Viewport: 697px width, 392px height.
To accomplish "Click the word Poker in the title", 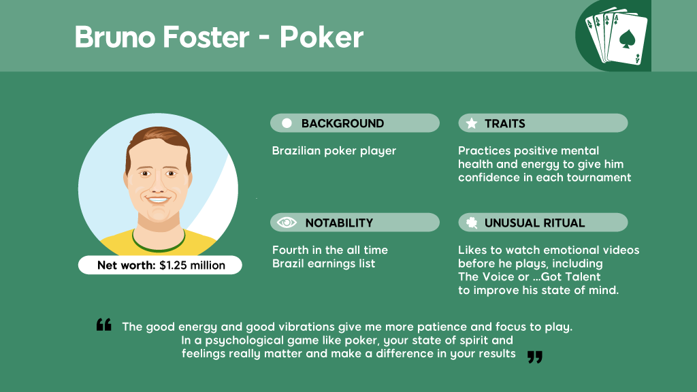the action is [x=321, y=37].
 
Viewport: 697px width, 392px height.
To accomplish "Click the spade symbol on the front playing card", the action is [x=627, y=39].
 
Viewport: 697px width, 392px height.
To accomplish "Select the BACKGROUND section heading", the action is [x=342, y=124].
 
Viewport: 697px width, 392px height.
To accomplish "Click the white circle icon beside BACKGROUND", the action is [x=287, y=123].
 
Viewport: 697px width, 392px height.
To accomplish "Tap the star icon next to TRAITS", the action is [x=472, y=123].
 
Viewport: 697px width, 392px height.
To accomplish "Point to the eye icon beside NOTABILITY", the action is [x=287, y=223].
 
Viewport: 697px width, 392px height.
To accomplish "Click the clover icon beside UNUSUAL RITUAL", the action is [x=472, y=223].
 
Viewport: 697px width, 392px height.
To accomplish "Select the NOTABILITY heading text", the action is [x=339, y=223].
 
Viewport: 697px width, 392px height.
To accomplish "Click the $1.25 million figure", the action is [x=193, y=265].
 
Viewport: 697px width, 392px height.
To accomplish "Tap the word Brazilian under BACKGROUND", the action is [x=296, y=150].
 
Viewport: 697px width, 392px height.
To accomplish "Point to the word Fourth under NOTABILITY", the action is [x=289, y=250].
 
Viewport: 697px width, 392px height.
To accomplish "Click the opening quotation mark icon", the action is [x=104, y=325].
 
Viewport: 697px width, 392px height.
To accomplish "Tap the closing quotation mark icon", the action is [x=535, y=357].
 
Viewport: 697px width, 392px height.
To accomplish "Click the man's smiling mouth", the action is [x=158, y=199].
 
